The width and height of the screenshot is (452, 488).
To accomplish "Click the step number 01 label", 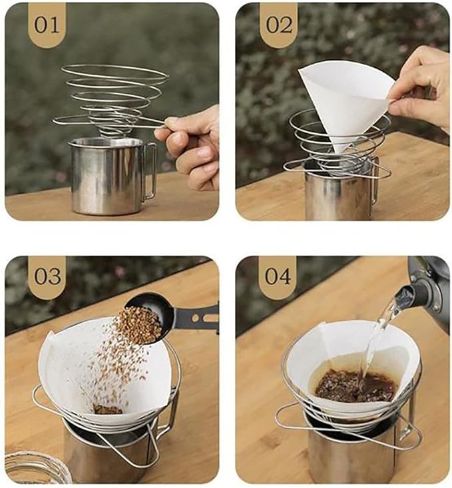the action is (47, 25).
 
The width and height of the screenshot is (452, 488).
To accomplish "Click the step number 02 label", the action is (279, 25).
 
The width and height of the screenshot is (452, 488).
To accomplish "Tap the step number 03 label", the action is (47, 276).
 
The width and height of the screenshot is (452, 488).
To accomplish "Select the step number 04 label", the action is (278, 276).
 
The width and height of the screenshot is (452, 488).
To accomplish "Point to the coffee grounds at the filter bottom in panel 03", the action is (107, 409).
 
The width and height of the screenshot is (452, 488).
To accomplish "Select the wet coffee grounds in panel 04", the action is (355, 386).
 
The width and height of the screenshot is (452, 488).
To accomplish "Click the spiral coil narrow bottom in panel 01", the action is (110, 130).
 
